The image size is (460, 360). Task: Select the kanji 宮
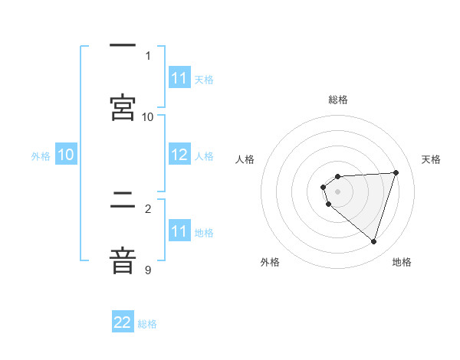click(123, 107)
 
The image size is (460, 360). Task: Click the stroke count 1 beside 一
click(148, 55)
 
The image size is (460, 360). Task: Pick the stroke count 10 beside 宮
click(148, 116)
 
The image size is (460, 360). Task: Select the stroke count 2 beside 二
click(148, 208)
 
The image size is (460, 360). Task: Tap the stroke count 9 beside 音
click(148, 270)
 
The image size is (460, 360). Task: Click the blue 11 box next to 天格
click(179, 79)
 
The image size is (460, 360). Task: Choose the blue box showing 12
click(179, 155)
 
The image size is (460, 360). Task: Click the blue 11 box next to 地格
click(179, 232)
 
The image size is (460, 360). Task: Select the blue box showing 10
click(66, 155)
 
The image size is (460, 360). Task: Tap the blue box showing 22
click(123, 323)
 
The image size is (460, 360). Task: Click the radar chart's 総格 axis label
click(338, 100)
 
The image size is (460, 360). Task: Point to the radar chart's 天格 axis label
click(432, 159)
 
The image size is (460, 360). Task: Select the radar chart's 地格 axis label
click(402, 262)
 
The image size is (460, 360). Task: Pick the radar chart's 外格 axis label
click(270, 262)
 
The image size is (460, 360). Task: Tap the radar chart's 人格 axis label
click(245, 159)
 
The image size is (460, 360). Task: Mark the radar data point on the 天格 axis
click(396, 172)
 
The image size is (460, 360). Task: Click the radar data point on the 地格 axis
click(373, 241)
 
